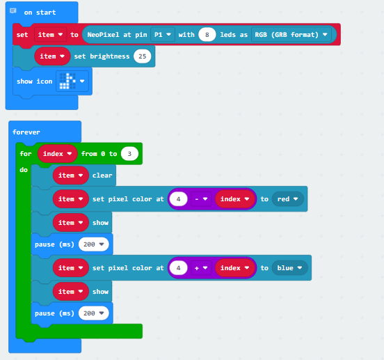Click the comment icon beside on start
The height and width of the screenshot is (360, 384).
[x=13, y=10]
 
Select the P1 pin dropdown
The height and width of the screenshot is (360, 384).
[x=163, y=35]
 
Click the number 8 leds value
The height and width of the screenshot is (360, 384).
[x=207, y=35]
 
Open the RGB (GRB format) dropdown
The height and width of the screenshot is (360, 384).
[x=291, y=35]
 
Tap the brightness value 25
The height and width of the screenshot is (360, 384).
[x=143, y=56]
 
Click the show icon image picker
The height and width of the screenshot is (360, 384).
[x=72, y=81]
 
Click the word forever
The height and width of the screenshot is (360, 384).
[x=26, y=132]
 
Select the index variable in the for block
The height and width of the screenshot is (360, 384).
[x=57, y=154]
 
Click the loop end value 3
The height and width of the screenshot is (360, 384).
[x=129, y=154]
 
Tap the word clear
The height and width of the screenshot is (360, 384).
[x=102, y=175]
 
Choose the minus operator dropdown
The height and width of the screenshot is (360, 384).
[x=201, y=199]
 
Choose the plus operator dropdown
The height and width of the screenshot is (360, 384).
[x=201, y=268]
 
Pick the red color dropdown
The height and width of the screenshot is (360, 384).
[x=288, y=199]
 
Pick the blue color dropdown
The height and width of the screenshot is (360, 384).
[x=289, y=268]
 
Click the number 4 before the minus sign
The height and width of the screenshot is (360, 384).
[x=179, y=199]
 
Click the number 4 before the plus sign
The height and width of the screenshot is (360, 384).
[x=179, y=268]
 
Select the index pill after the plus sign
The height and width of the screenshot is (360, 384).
[x=234, y=268]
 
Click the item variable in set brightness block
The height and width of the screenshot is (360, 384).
[x=52, y=56]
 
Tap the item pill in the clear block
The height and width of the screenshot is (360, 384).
[x=70, y=175]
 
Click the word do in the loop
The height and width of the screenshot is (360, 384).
[x=24, y=170]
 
